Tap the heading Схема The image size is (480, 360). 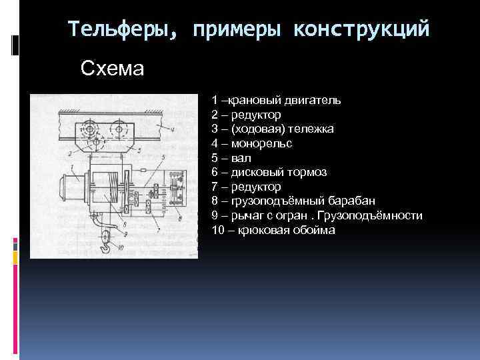coord(112,68)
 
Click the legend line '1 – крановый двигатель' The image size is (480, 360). coord(277,101)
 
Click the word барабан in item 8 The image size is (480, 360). coord(352,201)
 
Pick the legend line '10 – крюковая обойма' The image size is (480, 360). coord(274,230)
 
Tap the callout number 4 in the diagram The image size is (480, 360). coord(172,127)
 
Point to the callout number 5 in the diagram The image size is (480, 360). coord(164,155)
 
